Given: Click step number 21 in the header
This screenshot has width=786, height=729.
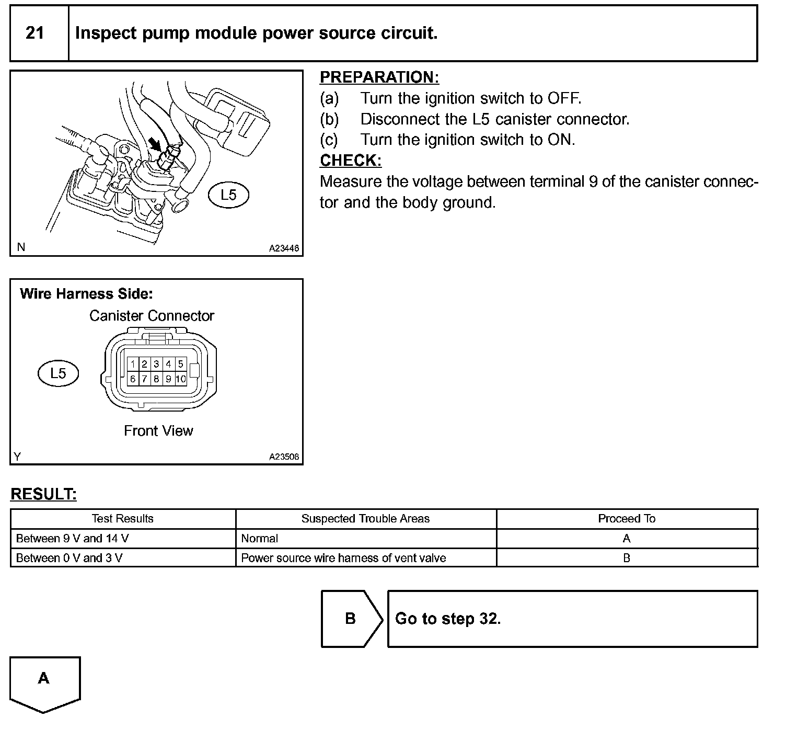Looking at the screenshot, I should point(34,33).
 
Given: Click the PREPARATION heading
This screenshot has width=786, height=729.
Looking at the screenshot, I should point(379,77).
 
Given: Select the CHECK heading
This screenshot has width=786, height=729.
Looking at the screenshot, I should point(350,161).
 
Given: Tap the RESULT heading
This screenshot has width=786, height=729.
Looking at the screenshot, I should point(43,494).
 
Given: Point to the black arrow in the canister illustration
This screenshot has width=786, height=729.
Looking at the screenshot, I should point(155,143).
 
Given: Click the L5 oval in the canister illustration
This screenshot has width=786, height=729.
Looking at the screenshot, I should point(228,195).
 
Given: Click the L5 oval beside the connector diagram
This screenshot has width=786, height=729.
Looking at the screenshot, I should point(58,373).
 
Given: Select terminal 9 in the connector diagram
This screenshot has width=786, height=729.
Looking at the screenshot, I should point(168,379).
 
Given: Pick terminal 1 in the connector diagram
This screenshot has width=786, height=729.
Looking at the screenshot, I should point(133,364).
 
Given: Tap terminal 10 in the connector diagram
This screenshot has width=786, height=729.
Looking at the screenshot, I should point(180,379).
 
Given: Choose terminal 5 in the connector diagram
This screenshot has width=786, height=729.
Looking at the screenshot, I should point(180,364).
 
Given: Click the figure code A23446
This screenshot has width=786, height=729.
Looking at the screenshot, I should point(284,248).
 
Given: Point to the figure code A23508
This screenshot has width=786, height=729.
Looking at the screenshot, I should point(284,457).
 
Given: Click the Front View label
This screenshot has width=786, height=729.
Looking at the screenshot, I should point(158,431).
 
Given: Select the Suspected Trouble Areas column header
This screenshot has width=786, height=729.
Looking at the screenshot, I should point(365,519).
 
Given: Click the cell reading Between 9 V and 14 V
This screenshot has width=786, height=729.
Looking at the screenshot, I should point(73,539).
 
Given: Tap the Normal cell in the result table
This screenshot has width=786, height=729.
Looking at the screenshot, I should point(260,539).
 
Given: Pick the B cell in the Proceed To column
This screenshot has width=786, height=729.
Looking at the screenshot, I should point(627,558).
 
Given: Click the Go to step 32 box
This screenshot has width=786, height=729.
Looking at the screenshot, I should point(572,619).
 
